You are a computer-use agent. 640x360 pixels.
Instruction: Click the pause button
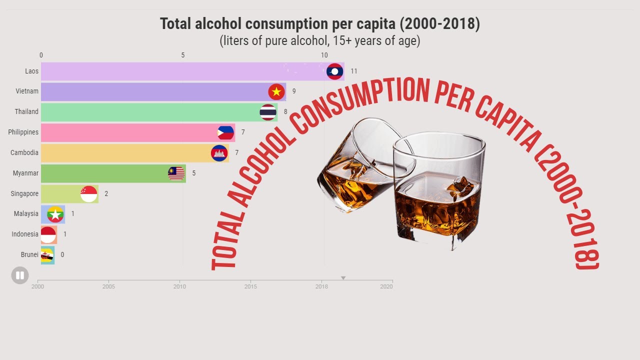20,275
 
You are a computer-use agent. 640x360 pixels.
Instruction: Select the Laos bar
180,71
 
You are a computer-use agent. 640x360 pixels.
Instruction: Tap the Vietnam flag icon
276,92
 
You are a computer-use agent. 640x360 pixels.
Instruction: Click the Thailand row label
26,111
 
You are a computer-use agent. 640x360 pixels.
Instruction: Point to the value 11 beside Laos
354,71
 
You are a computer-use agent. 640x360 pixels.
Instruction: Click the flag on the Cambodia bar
219,153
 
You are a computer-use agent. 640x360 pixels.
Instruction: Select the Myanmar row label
25,173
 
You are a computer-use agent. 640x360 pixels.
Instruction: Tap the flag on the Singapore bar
88,193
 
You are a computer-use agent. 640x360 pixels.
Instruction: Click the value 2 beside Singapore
106,193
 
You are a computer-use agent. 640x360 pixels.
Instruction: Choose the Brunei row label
29,254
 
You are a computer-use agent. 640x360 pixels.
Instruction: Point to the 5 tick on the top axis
183,55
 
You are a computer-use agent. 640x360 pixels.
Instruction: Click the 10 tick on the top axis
324,55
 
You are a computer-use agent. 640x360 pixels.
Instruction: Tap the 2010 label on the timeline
179,287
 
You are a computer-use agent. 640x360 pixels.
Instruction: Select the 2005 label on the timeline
108,287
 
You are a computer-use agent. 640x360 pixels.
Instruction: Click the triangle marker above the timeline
343,278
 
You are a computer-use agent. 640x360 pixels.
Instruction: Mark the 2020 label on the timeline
386,287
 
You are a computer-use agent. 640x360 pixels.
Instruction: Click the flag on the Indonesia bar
48,234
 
